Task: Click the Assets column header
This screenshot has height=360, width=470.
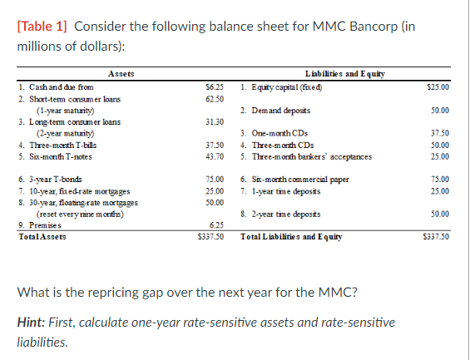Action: [x=121, y=74]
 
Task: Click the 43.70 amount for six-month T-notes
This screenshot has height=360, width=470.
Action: [x=214, y=156]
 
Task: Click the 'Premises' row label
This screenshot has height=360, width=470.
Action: [x=37, y=224]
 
